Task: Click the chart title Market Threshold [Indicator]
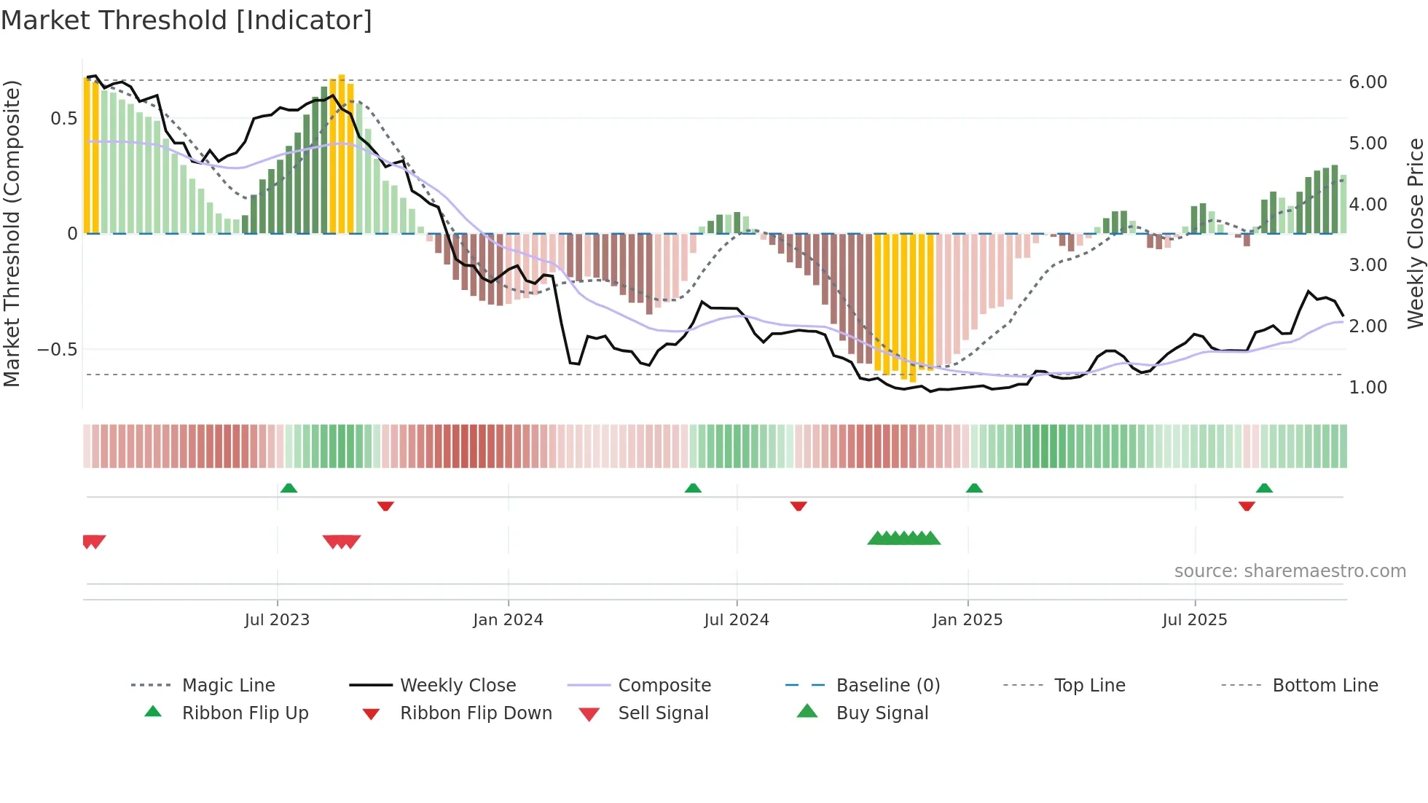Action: pos(187,20)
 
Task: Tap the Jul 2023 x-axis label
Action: pos(277,620)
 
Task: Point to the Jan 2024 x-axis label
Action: pos(508,620)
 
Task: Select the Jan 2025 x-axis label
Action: pos(968,620)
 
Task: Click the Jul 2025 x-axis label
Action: pos(1195,620)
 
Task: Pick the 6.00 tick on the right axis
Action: pos(1368,82)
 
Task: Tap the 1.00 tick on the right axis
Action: pos(1368,388)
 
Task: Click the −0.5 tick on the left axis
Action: pos(58,350)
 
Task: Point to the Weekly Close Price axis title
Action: pos(1416,233)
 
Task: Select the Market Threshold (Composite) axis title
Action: pos(12,233)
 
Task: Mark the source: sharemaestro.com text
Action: pos(1290,571)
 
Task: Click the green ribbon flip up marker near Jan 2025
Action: pos(974,488)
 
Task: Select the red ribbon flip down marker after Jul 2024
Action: pos(799,506)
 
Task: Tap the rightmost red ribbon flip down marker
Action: pos(1247,506)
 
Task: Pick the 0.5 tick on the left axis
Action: pos(63,119)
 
